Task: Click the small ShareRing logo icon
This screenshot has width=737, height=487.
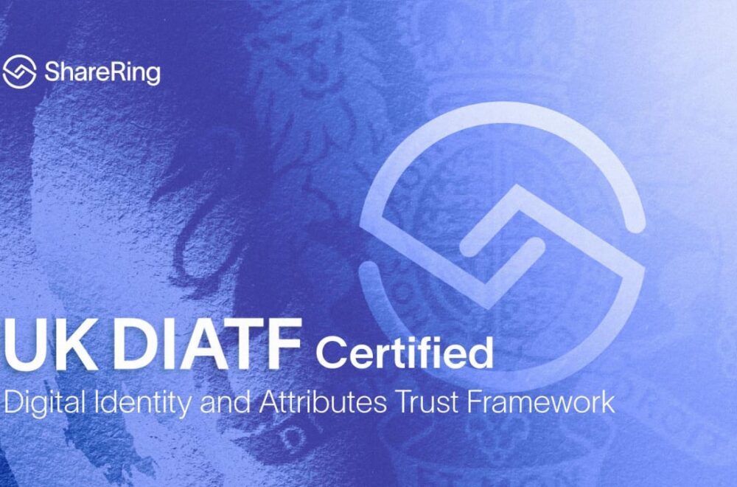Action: point(19,72)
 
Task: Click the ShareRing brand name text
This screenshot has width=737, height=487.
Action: point(102,73)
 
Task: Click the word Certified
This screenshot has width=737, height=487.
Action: point(405,351)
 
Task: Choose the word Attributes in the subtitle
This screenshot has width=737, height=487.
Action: point(323,402)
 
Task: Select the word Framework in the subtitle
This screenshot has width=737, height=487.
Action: point(540,402)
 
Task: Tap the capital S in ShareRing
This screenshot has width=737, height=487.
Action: point(52,72)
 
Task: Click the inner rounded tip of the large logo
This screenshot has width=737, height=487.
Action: point(537,245)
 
